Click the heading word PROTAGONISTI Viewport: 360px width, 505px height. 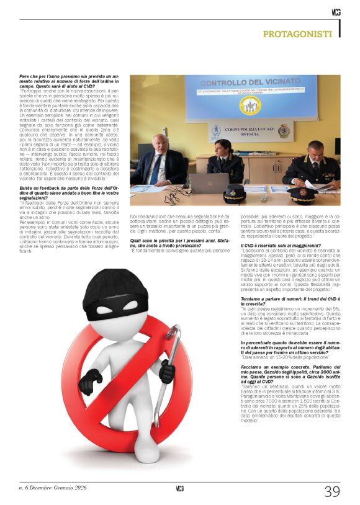[299, 34]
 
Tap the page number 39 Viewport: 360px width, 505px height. [332, 491]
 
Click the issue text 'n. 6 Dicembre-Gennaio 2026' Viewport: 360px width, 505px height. [53, 488]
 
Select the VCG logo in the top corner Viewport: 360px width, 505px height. [335, 12]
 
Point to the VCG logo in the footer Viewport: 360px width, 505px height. [179, 488]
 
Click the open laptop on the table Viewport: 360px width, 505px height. [209, 183]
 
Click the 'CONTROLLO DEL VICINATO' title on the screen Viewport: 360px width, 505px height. [251, 84]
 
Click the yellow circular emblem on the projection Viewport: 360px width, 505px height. [250, 105]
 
